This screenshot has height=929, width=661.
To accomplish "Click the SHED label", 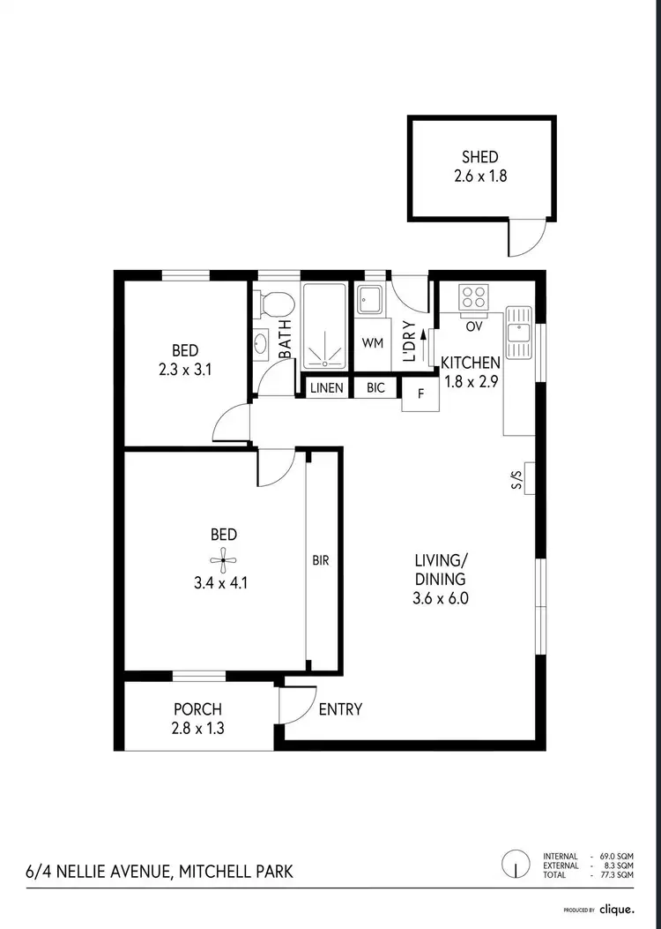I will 479,158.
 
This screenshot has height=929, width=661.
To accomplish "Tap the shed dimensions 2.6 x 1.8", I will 479,176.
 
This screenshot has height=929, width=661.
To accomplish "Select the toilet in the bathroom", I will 278,305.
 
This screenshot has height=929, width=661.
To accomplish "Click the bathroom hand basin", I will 261,342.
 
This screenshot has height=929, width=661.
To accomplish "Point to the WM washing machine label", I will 373,343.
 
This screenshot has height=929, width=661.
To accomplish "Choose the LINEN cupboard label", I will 326,388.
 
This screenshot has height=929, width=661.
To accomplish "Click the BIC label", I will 375,388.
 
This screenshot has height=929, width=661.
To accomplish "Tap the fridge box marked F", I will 420,394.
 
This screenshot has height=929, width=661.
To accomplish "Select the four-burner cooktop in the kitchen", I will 473,297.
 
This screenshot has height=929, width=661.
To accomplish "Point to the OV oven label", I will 473,326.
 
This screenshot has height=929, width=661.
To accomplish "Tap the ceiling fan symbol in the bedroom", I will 223,557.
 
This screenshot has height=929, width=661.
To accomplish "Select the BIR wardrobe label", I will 320,560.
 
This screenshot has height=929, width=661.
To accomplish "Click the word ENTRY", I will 340,709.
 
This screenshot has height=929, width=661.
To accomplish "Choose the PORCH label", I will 197,709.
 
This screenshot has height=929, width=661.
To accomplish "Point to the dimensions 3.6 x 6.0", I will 441,598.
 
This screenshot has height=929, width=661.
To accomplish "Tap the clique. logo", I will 617,909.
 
